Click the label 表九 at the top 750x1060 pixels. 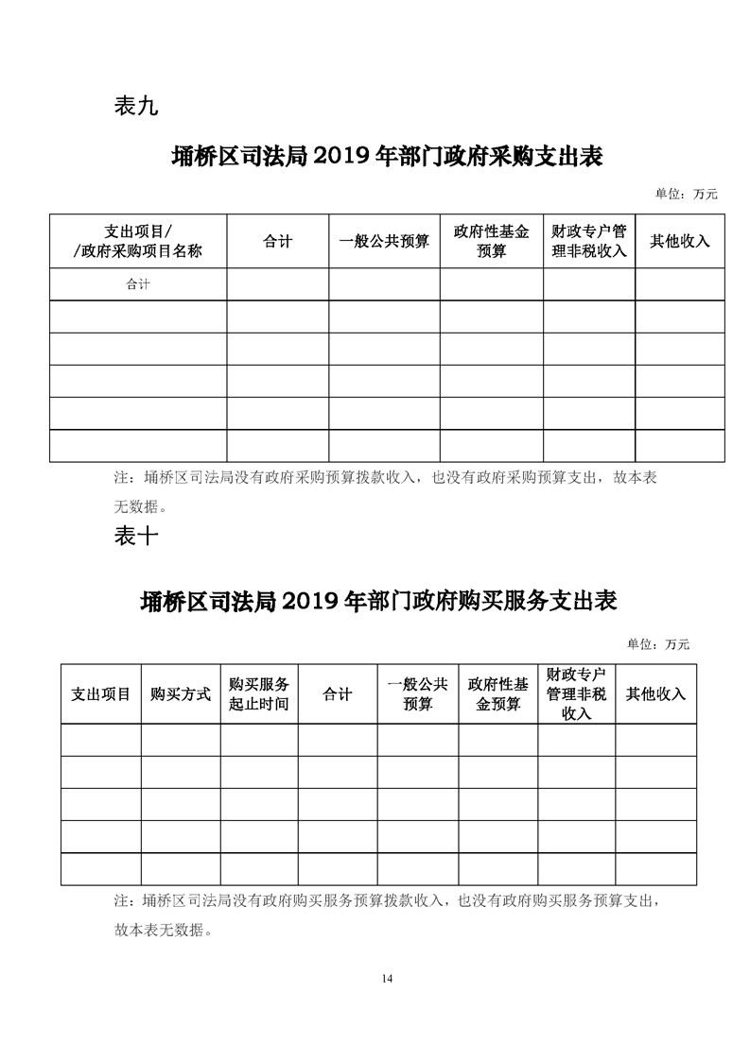click(135, 107)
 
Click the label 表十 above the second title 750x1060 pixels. click(135, 537)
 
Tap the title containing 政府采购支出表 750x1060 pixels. click(387, 156)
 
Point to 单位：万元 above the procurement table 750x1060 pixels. click(686, 195)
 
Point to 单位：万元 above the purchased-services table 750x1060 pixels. click(658, 644)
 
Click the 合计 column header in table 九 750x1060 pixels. click(277, 242)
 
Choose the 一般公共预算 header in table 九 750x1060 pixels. click(384, 242)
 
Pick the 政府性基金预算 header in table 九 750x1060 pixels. click(491, 241)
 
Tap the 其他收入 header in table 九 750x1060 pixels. click(679, 241)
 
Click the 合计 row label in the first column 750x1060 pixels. click(138, 283)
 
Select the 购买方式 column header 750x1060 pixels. click(181, 693)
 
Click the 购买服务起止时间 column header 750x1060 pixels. click(259, 693)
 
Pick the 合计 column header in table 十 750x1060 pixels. click(338, 694)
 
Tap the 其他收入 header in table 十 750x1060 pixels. click(655, 693)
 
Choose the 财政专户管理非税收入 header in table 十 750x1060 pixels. click(576, 693)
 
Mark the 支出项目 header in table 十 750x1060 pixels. click(101, 693)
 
